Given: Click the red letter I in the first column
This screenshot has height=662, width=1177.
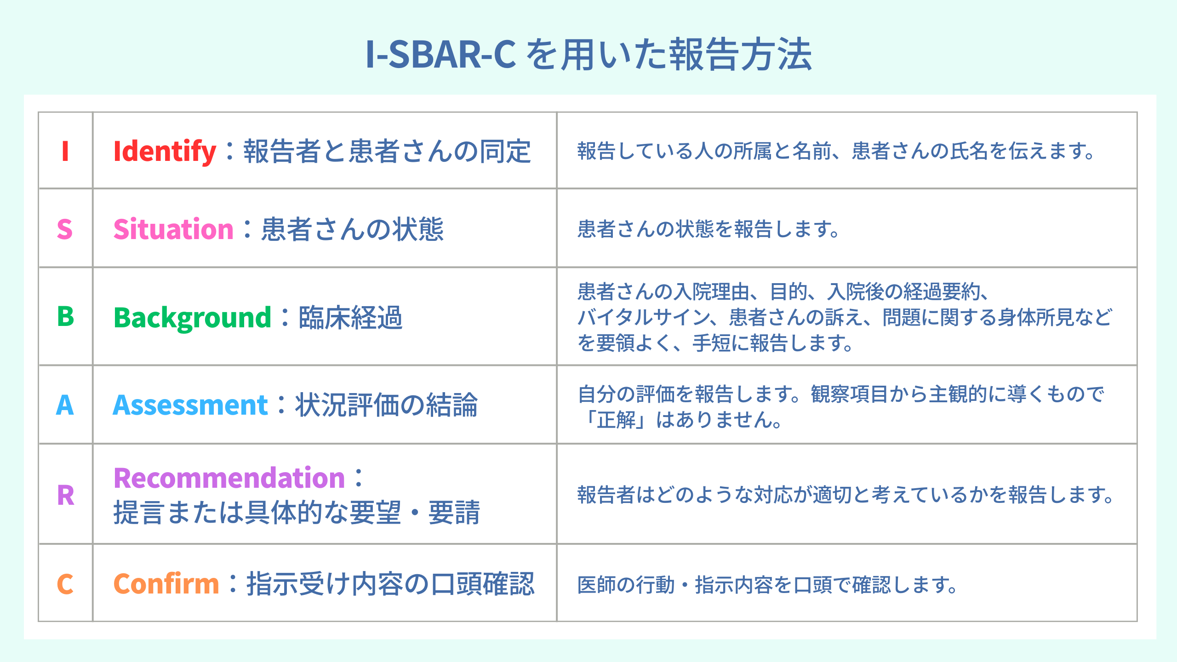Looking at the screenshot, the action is click(x=65, y=151).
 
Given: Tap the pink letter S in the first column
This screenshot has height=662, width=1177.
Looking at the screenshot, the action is click(x=65, y=229).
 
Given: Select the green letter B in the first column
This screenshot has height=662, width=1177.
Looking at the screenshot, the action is click(x=65, y=316).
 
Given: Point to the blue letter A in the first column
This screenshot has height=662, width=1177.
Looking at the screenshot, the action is click(x=65, y=405).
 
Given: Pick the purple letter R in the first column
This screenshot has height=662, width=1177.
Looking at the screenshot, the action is click(x=66, y=495).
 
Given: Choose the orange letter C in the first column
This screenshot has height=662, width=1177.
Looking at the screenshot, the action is click(x=65, y=584).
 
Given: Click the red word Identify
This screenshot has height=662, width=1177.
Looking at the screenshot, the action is click(x=165, y=152).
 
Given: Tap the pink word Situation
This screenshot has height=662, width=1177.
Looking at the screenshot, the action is click(x=174, y=229).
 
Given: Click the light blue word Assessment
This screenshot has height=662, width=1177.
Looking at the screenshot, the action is click(x=190, y=405).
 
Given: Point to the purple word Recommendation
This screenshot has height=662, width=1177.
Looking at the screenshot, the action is click(x=229, y=478).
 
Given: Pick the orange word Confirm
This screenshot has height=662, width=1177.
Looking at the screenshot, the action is click(x=166, y=584).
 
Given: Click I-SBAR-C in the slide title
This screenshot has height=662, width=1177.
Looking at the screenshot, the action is click(x=440, y=55).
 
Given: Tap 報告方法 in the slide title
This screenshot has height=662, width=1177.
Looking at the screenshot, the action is click(x=740, y=55).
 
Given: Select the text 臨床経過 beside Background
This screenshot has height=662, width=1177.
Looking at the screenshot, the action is click(x=351, y=318).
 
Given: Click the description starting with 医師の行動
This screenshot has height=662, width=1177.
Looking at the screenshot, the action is click(x=767, y=585).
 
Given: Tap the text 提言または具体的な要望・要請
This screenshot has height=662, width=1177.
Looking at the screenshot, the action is click(x=297, y=513).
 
